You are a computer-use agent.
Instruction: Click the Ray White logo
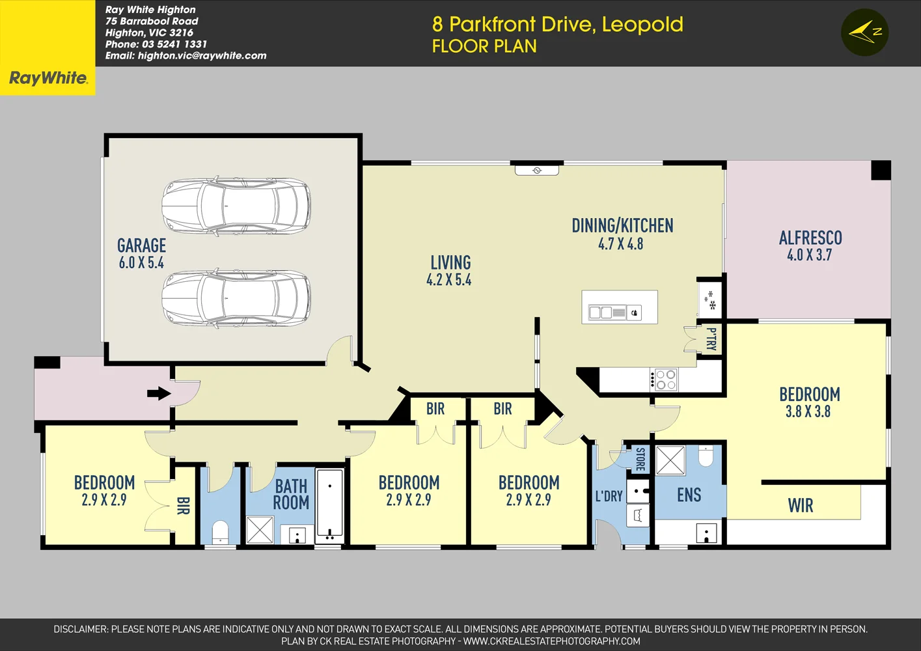[x=48, y=78]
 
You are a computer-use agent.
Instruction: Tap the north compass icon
[x=864, y=32]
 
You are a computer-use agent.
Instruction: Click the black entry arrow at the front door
[x=159, y=393]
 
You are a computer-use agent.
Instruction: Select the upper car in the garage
[x=236, y=205]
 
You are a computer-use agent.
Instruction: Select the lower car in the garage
[x=236, y=298]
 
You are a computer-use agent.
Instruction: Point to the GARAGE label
[x=141, y=245]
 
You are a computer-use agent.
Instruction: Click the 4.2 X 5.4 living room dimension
[x=448, y=280]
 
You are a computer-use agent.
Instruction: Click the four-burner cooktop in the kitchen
[x=665, y=380]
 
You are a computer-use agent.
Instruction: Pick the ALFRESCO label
[x=810, y=238]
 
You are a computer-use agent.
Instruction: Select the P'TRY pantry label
[x=711, y=339]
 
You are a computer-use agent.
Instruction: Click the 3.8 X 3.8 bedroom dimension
[x=808, y=411]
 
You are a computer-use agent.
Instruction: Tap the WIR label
[x=800, y=506]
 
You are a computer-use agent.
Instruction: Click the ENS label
[x=689, y=495]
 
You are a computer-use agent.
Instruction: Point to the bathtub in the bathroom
[x=330, y=506]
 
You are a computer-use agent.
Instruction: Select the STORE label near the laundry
[x=640, y=459]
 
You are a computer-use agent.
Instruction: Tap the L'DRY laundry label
[x=609, y=496]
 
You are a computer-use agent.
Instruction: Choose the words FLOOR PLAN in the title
[x=484, y=46]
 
